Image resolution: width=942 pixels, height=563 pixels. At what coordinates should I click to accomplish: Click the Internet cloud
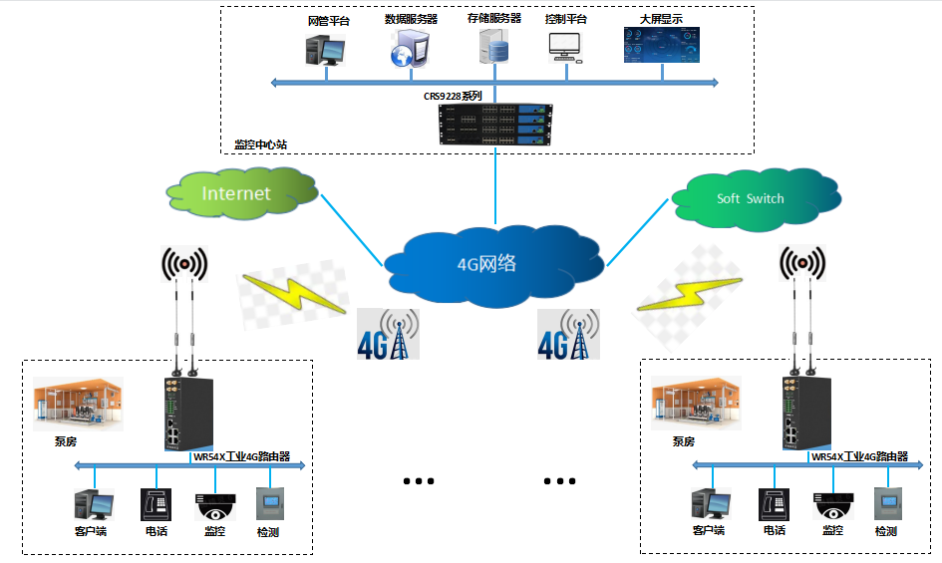click(236, 192)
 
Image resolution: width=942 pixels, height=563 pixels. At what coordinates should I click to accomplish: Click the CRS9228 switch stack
click(495, 123)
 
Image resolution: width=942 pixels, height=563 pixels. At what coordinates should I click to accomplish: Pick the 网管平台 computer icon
click(325, 48)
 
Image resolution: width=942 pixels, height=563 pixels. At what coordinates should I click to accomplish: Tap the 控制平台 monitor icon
click(565, 46)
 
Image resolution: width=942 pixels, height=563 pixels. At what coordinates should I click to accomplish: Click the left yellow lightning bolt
click(282, 294)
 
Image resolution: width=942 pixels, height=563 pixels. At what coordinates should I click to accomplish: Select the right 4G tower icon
click(568, 334)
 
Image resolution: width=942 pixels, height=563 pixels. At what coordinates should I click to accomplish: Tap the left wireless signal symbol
click(184, 264)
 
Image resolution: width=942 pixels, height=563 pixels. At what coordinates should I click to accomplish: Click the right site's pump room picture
click(696, 404)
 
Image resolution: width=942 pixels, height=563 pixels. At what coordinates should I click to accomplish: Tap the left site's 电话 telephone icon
click(155, 504)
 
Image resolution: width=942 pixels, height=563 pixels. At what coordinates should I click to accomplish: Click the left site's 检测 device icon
click(268, 502)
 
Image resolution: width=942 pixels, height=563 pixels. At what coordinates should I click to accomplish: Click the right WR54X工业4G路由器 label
click(859, 456)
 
